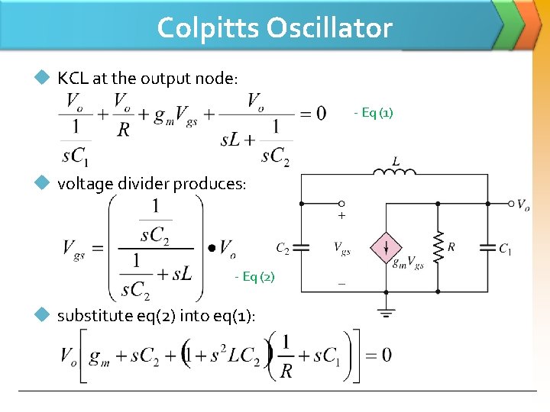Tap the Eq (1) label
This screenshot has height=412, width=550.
click(x=374, y=114)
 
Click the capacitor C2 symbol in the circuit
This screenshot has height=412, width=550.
click(x=301, y=248)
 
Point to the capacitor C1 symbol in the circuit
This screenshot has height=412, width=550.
click(x=487, y=248)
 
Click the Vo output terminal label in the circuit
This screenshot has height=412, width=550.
click(x=522, y=204)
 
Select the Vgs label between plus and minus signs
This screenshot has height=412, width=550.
click(x=341, y=247)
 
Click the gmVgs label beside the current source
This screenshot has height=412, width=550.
click(x=408, y=264)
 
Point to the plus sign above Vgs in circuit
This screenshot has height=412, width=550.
click(x=341, y=217)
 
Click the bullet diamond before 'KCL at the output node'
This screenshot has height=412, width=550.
click(x=44, y=78)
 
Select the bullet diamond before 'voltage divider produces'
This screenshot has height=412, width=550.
click(x=44, y=183)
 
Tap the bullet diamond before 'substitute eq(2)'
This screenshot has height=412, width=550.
click(x=44, y=315)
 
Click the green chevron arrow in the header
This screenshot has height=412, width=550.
click(x=510, y=23)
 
